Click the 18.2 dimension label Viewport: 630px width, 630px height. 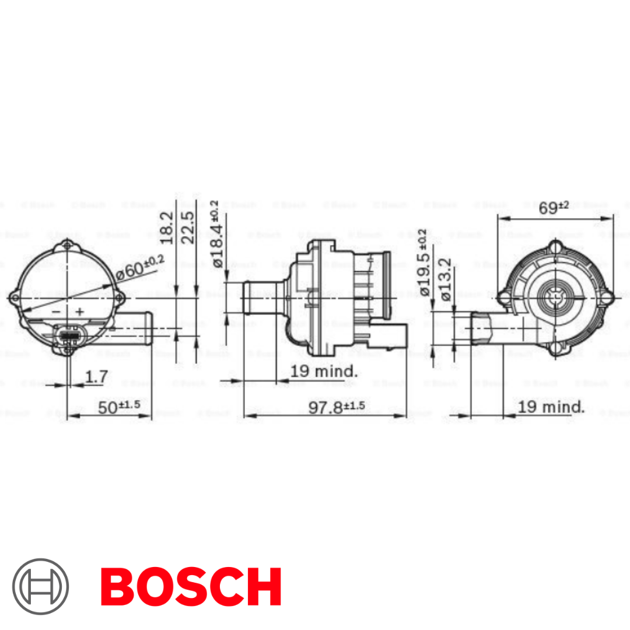(x=167, y=227)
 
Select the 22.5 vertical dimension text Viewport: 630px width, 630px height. (x=188, y=227)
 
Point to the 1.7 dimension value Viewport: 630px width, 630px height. (x=96, y=377)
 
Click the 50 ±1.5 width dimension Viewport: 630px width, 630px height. (x=120, y=407)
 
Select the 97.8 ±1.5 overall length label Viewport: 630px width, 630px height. (x=336, y=407)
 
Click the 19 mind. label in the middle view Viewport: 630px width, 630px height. (x=324, y=371)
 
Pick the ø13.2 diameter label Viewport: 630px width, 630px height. (x=444, y=279)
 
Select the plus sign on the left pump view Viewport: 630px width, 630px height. (x=79, y=312)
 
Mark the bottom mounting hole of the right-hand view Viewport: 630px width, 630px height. (x=556, y=348)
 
